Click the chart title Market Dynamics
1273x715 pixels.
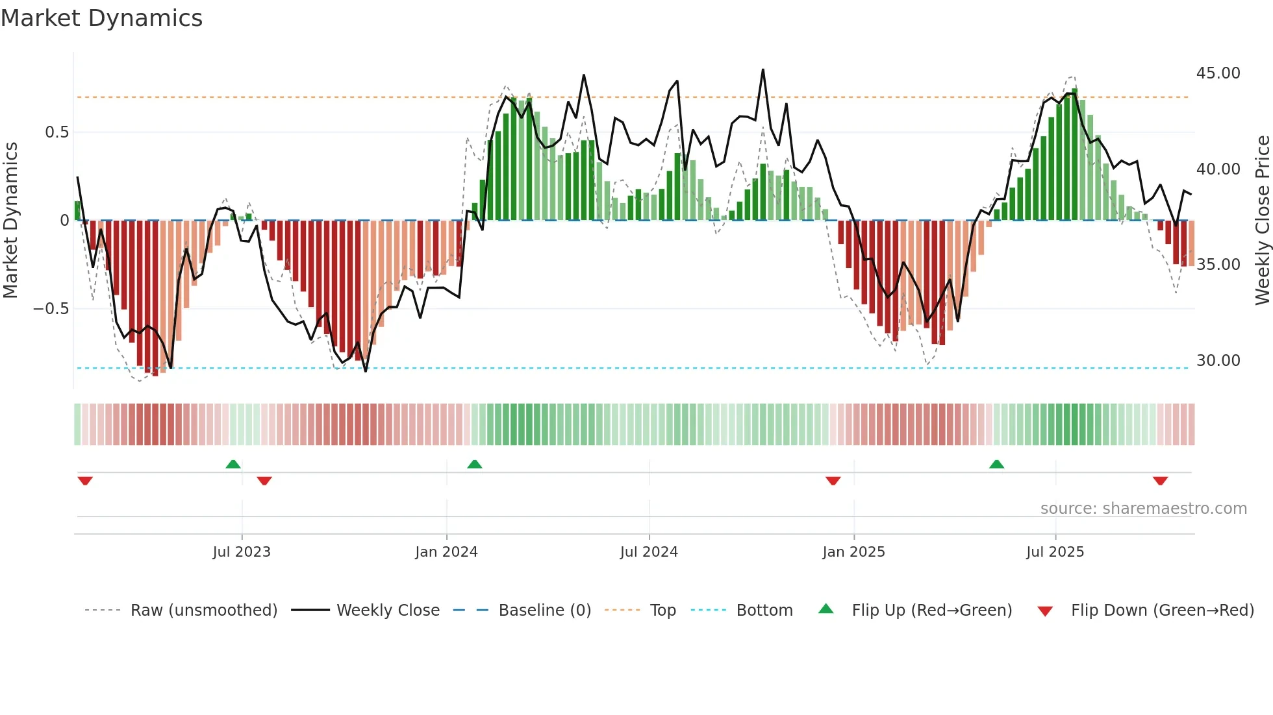click(x=101, y=18)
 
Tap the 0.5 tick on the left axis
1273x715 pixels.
click(x=57, y=132)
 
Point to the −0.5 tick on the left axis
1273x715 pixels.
click(x=51, y=309)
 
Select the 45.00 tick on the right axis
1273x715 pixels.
click(x=1218, y=73)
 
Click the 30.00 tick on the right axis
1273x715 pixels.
click(x=1218, y=361)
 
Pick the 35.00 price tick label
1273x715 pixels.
click(x=1218, y=265)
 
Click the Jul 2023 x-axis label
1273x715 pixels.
click(x=242, y=552)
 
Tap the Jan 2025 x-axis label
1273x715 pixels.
click(x=853, y=552)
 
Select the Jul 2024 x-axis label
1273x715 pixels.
click(x=649, y=552)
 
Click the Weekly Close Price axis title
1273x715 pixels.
click(x=1262, y=221)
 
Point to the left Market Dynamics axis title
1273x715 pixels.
click(x=10, y=221)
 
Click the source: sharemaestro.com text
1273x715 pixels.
click(x=1143, y=509)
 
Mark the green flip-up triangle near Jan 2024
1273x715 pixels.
click(x=475, y=464)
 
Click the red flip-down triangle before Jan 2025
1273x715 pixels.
click(x=833, y=481)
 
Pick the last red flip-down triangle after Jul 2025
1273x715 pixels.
click(x=1161, y=481)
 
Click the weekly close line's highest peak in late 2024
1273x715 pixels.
click(x=763, y=69)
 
